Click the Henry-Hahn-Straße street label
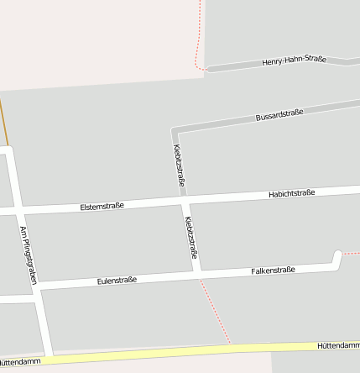pos(293,60)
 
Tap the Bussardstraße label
pos(279,115)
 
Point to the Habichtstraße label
pos(291,193)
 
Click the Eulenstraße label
pos(116,280)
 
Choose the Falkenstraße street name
pos(273,271)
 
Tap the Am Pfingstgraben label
pos(29,255)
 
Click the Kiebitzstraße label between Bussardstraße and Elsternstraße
pos(179,165)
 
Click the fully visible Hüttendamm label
pos(338,345)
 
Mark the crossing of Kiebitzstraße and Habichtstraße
pos(185,201)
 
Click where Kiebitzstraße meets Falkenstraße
pos(196,274)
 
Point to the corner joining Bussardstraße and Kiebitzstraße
pos(175,132)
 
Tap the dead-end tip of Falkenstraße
pos(337,254)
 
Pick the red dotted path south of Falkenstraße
pos(216,311)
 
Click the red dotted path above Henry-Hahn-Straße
pos(199,34)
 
